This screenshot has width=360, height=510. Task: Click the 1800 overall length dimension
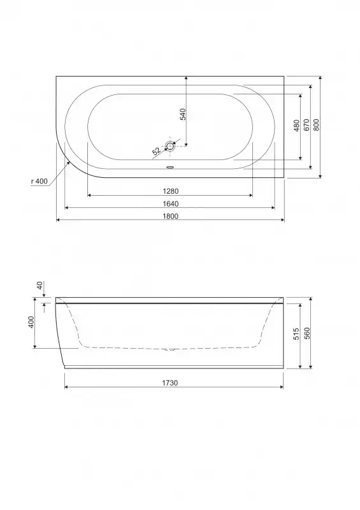click(x=170, y=216)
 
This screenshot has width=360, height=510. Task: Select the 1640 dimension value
click(x=170, y=204)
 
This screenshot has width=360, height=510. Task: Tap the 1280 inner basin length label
click(x=170, y=191)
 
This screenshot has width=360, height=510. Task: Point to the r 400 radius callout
click(x=40, y=181)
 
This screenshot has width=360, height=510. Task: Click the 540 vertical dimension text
click(x=183, y=115)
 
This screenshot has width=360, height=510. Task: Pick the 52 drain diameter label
click(x=156, y=151)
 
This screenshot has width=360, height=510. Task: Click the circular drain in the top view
click(x=170, y=146)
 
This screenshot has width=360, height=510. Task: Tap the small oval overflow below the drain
click(x=170, y=168)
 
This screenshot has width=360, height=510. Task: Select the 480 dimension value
click(x=296, y=126)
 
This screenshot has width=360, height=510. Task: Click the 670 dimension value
click(x=306, y=125)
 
